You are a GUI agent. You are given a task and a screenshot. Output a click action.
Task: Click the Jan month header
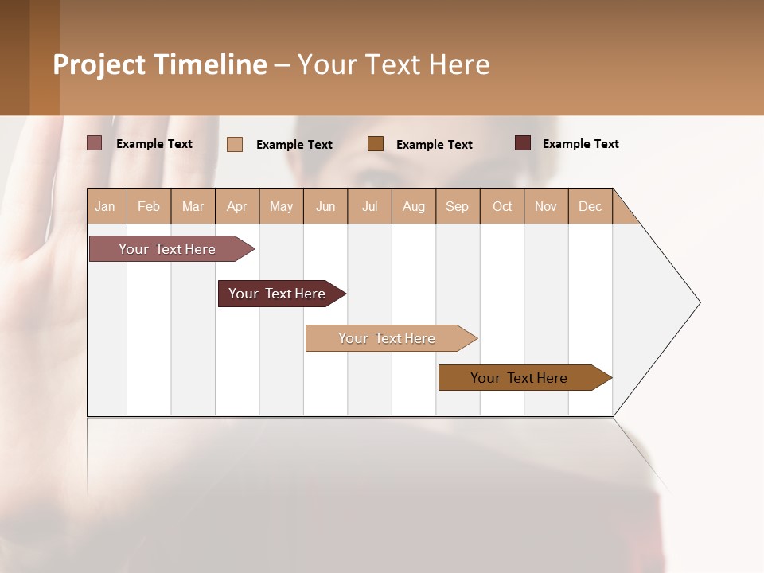click(x=105, y=206)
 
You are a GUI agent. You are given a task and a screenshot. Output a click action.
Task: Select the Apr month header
click(x=236, y=206)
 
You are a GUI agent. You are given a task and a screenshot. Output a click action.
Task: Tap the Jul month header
click(x=369, y=206)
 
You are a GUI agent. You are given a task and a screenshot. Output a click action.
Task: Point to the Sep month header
click(x=457, y=206)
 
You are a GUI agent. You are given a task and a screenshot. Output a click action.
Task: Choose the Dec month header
click(x=590, y=206)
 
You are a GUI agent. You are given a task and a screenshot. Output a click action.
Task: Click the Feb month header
click(x=149, y=206)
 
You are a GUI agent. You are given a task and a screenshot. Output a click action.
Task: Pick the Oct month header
click(x=502, y=206)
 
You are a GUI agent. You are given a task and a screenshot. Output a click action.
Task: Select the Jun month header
click(x=325, y=206)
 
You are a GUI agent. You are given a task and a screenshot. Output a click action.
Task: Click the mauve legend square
click(x=95, y=143)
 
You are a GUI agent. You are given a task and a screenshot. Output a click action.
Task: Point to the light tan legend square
click(x=235, y=144)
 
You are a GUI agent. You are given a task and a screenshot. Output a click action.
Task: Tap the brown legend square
click(x=376, y=143)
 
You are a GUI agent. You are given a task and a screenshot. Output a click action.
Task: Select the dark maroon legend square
click(x=523, y=143)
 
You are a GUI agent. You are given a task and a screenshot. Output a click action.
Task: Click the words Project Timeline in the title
click(x=159, y=64)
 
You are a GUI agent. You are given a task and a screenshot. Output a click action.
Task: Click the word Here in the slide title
click(x=459, y=64)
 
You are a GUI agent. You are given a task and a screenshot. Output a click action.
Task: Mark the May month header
click(x=281, y=206)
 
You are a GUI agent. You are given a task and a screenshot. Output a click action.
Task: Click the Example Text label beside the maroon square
click(x=580, y=144)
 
